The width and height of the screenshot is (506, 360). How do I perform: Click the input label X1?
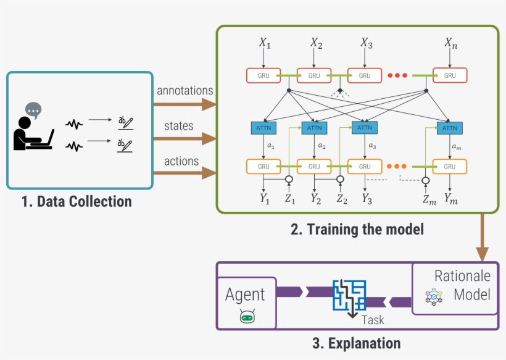(x=264, y=44)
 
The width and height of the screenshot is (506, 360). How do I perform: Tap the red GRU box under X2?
(x=314, y=75)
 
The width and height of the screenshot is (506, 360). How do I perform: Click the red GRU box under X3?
(x=365, y=75)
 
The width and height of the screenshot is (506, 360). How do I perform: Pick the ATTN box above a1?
(x=263, y=128)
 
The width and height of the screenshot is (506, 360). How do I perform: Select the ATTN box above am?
(x=450, y=128)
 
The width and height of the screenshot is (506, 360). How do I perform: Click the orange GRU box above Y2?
(x=314, y=166)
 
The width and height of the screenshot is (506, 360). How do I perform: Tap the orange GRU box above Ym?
(x=450, y=166)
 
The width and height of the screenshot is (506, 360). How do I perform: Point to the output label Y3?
(x=367, y=199)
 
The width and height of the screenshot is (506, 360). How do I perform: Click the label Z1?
(x=289, y=199)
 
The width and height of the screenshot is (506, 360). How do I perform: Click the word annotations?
(x=185, y=91)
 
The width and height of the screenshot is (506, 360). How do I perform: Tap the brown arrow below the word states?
(x=185, y=139)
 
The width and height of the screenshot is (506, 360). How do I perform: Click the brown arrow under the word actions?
(x=185, y=174)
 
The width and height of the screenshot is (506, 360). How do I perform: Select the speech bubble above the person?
(x=33, y=111)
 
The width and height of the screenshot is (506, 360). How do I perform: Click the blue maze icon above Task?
(x=350, y=295)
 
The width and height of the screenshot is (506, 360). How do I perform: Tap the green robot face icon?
(x=247, y=317)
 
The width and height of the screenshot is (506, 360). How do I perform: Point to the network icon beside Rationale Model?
(x=434, y=296)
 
